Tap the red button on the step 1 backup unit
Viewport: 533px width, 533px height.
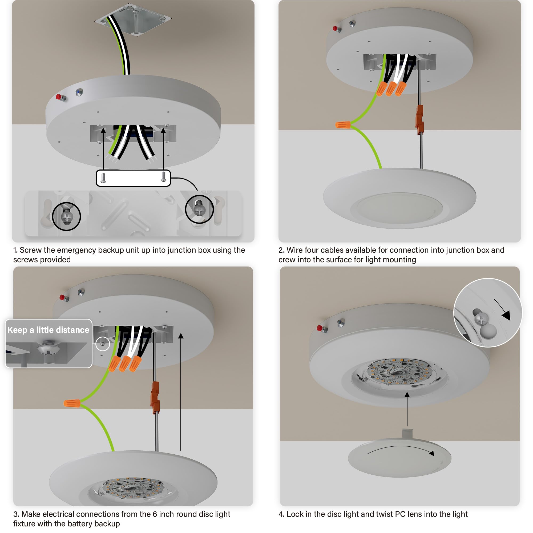pyautogui.click(x=59, y=96)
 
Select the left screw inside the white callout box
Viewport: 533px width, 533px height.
pyautogui.click(x=103, y=178)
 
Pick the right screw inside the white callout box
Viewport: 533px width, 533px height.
pyautogui.click(x=164, y=177)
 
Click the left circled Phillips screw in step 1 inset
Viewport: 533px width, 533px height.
pyautogui.click(x=66, y=217)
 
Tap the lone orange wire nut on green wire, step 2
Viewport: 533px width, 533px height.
pyautogui.click(x=343, y=125)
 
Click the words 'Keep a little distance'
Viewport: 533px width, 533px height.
pyautogui.click(x=48, y=330)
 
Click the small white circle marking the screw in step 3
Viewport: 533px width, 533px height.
pyautogui.click(x=103, y=344)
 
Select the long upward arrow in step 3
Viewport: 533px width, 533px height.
pyautogui.click(x=181, y=392)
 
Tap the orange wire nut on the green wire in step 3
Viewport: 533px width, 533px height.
pyautogui.click(x=72, y=403)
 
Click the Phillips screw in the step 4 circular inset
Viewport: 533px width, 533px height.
pyautogui.click(x=481, y=320)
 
